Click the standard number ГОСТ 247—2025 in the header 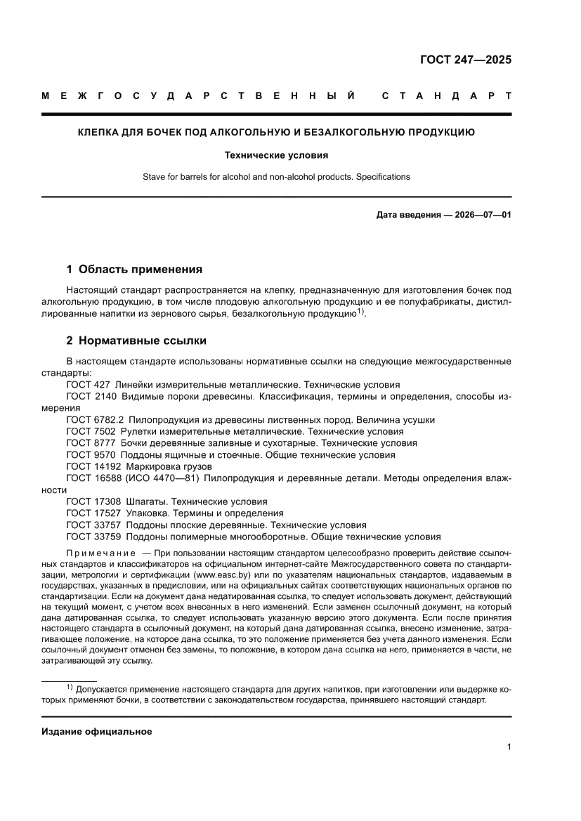(465, 60)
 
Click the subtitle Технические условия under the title (276, 155)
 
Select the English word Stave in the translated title (155, 177)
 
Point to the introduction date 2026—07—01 (483, 214)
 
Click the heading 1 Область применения (134, 269)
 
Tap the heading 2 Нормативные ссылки (136, 341)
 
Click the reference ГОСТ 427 (88, 385)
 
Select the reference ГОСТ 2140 (91, 396)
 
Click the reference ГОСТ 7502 (91, 431)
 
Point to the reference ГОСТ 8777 (91, 443)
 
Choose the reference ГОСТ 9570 (91, 454)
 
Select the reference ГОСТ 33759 (93, 537)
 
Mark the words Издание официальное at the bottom (97, 731)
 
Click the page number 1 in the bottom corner (508, 747)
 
